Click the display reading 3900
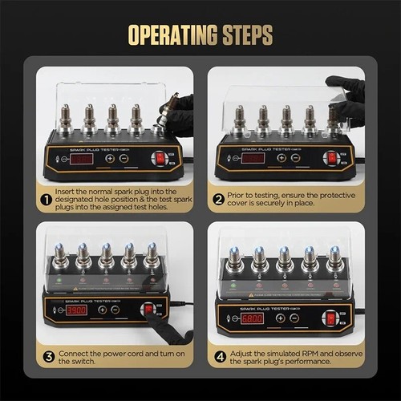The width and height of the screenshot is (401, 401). pos(77,310)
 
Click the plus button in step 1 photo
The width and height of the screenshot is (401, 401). pos(109,158)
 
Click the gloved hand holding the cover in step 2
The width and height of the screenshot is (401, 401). pos(346,95)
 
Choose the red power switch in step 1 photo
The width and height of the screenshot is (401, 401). pos(160,158)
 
